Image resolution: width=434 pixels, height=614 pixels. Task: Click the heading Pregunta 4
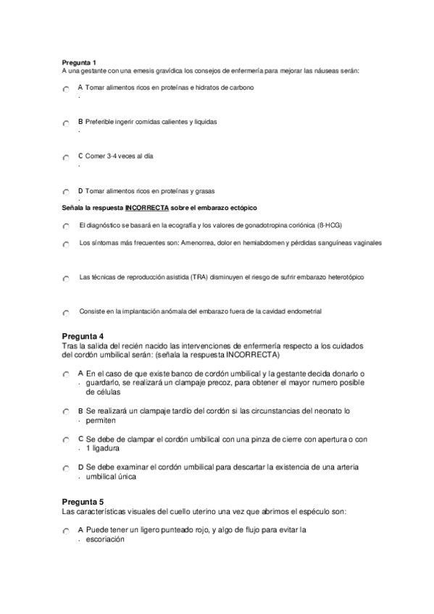(x=83, y=337)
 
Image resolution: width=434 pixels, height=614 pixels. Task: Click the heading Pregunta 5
(x=83, y=502)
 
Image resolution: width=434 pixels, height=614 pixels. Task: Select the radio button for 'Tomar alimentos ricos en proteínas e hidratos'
(x=66, y=88)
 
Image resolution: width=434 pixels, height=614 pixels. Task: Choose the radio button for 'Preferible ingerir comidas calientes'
(x=66, y=123)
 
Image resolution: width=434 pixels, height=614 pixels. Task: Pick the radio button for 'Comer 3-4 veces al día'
(x=66, y=157)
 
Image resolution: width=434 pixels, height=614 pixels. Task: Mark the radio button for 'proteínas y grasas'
(x=66, y=193)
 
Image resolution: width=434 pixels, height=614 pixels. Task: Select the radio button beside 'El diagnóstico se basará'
(x=66, y=227)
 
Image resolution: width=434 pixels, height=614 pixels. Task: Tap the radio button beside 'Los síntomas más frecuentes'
(x=66, y=245)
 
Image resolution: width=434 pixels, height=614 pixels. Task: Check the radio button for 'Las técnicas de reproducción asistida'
(x=66, y=279)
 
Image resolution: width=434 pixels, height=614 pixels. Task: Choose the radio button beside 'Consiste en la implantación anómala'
(x=66, y=313)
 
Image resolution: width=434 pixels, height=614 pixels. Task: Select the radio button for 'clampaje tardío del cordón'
(x=66, y=412)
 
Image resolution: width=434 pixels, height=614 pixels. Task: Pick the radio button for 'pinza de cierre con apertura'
(x=66, y=440)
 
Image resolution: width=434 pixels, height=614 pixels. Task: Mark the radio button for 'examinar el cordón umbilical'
(x=66, y=468)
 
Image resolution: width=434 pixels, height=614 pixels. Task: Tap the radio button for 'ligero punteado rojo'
(x=66, y=531)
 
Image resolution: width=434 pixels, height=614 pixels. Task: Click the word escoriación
(x=105, y=539)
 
